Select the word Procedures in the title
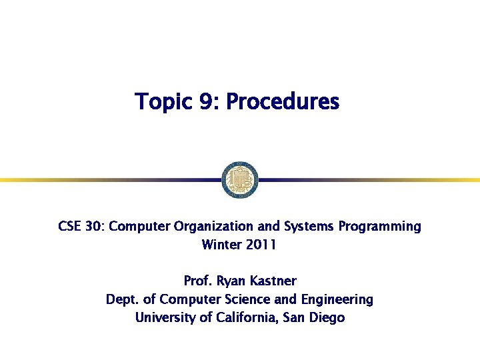283,103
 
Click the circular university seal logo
239,179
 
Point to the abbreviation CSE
69,227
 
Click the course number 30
93,227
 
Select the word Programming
379,227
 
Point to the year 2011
261,245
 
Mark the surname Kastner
274,281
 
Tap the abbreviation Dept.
122,299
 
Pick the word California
247,317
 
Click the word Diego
327,317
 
